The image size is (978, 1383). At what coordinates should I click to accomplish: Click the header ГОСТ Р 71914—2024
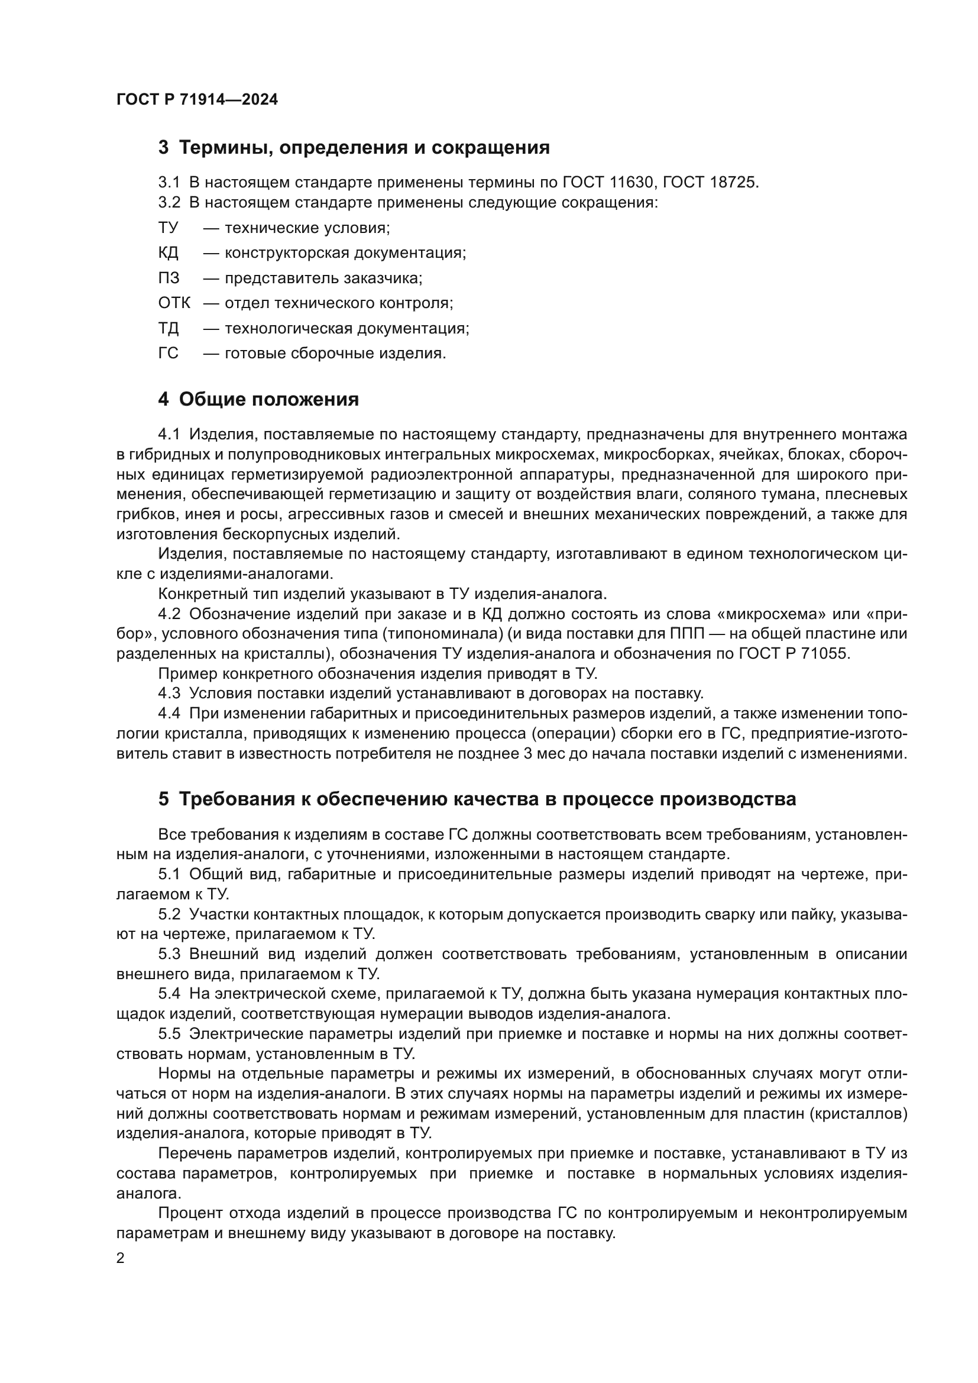coord(197,100)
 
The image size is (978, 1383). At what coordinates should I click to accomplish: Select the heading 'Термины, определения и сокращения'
coord(364,148)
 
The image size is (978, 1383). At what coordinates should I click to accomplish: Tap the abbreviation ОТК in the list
coord(174,303)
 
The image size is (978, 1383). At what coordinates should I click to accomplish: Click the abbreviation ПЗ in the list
coord(169,278)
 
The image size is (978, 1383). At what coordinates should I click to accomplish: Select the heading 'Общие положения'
coord(268,399)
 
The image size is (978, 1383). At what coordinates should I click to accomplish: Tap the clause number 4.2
coord(169,614)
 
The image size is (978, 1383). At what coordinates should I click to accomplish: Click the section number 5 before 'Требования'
coord(163,799)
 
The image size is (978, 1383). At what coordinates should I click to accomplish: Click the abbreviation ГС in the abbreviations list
coord(169,353)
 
